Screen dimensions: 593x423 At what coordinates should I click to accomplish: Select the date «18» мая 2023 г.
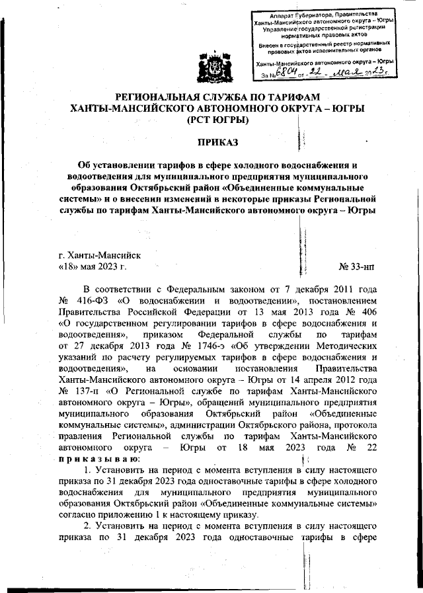click(88, 267)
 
